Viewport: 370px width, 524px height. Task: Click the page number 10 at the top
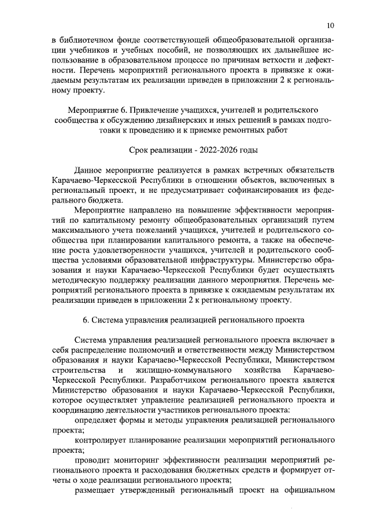(330, 25)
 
